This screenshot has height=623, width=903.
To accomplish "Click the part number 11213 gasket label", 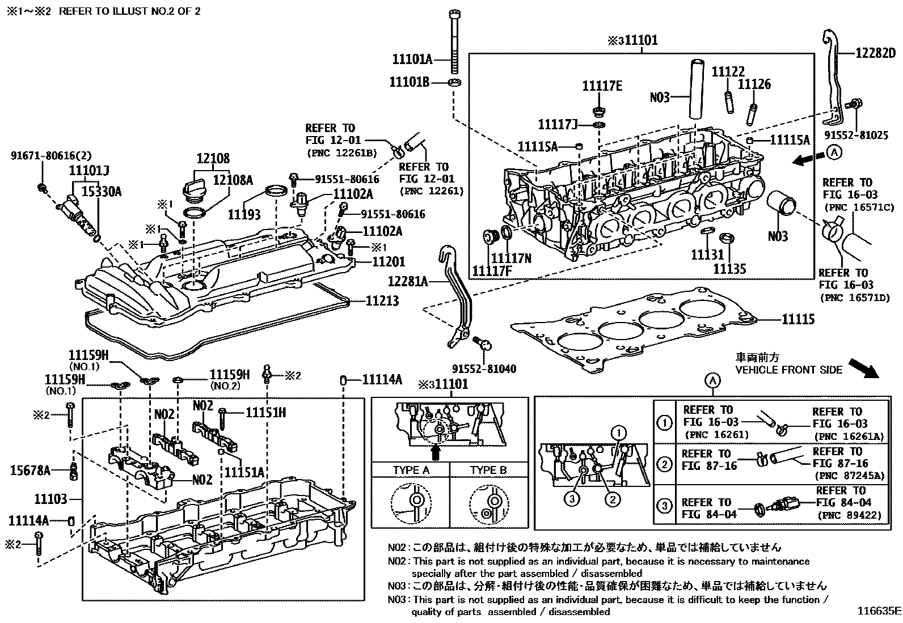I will point(382,301).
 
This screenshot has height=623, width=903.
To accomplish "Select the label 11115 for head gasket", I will point(798,320).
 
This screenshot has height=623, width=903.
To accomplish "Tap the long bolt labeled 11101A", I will point(454,40).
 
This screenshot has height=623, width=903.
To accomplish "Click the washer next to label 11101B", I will point(455,83).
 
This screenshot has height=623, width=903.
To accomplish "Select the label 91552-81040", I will point(484,369).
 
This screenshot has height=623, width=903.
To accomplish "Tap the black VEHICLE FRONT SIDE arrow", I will point(863,367).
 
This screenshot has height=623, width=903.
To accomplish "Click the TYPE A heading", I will point(411,470).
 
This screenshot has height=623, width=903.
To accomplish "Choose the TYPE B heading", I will point(488,470).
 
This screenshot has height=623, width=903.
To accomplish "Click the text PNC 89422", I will point(850,515).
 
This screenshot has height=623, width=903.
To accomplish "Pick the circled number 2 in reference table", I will point(664,464).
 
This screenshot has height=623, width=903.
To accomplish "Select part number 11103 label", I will point(50,499).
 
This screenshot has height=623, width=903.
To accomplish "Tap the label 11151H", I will point(265,413).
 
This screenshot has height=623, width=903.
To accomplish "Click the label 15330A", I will point(103,192).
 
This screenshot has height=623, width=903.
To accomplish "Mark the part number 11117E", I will point(602,86).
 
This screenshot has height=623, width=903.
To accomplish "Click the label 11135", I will point(729,269).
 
